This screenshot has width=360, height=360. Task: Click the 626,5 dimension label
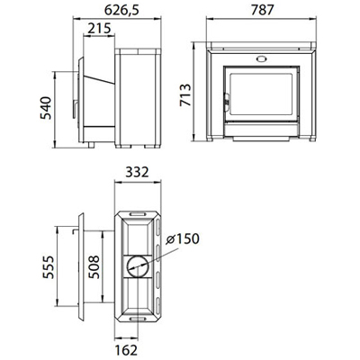point(121,11)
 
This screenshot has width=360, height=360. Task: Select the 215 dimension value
point(99,29)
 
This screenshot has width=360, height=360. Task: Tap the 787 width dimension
point(263,10)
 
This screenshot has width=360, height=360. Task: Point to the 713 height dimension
point(185,94)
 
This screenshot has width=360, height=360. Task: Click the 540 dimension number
point(46,108)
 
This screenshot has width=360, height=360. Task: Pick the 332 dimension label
point(137,172)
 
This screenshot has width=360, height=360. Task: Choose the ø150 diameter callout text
point(183,239)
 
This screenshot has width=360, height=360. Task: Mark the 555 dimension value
point(49,267)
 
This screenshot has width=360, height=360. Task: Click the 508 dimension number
point(94,267)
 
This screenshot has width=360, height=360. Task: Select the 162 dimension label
point(126,350)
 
